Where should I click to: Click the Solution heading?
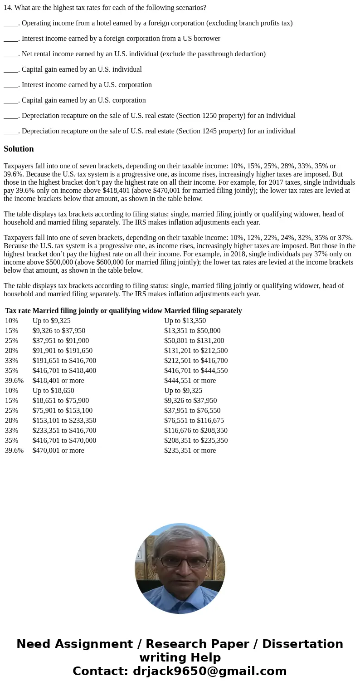19,149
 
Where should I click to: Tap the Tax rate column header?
18,311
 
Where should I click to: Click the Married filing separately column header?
203,311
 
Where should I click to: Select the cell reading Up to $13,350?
185,321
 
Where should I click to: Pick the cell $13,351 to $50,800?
192,331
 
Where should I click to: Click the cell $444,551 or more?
190,381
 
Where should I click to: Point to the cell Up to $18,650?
53,391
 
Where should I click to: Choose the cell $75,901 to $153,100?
62,411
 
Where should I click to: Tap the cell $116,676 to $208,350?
196,431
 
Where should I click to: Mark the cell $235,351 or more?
190,451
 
